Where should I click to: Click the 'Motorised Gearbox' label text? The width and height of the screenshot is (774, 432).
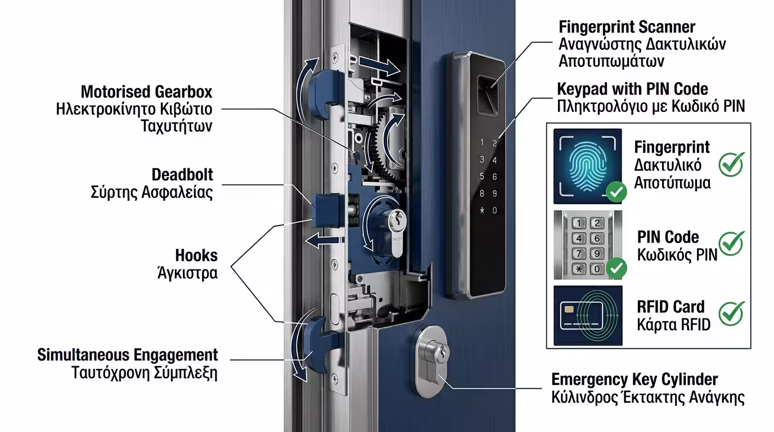(146, 92)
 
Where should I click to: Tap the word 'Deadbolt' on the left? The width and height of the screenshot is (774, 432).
(182, 174)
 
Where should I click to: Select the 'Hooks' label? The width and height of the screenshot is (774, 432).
(196, 255)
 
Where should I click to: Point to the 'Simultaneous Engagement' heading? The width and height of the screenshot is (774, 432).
(127, 355)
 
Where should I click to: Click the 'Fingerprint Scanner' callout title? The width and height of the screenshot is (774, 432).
(627, 27)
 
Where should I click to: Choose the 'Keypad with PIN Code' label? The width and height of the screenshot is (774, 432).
(632, 89)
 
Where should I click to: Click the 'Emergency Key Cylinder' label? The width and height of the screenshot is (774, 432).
(634, 379)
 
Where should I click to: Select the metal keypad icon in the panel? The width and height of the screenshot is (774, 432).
(587, 245)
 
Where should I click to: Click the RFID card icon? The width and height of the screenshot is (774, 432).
(587, 316)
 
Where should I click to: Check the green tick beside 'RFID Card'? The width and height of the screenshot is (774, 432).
(731, 313)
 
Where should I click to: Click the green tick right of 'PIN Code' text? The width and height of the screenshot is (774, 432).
(731, 244)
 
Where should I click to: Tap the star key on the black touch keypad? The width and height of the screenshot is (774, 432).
(481, 210)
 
